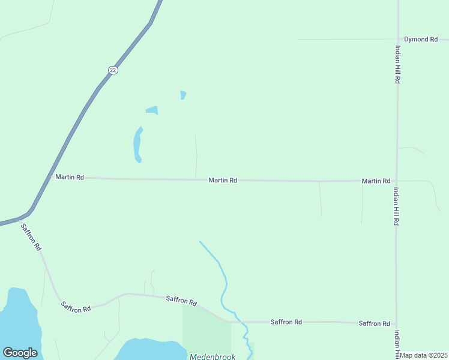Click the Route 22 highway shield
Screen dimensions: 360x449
pyautogui.click(x=113, y=70)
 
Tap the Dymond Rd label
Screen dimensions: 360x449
pyautogui.click(x=420, y=40)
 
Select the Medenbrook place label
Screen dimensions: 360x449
pyautogui.click(x=211, y=356)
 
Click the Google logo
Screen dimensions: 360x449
pyautogui.click(x=20, y=353)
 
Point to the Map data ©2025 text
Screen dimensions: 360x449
pyautogui.click(x=424, y=355)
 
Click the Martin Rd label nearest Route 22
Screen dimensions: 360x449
pyautogui.click(x=70, y=177)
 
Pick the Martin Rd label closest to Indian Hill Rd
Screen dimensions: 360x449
pyautogui.click(x=376, y=181)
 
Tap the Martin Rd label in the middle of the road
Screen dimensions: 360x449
pyautogui.click(x=223, y=180)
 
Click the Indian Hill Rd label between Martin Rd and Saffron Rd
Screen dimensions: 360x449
pyautogui.click(x=397, y=206)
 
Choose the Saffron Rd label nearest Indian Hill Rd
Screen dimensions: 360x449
pyautogui.click(x=374, y=323)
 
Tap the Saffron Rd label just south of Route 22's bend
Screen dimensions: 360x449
pyautogui.click(x=31, y=236)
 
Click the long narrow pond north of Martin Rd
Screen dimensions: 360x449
pyautogui.click(x=137, y=145)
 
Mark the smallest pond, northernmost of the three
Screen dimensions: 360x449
pyautogui.click(x=183, y=95)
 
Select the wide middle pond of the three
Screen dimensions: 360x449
pyautogui.click(x=152, y=110)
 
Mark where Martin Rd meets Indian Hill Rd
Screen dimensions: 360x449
pyautogui.click(x=397, y=181)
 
